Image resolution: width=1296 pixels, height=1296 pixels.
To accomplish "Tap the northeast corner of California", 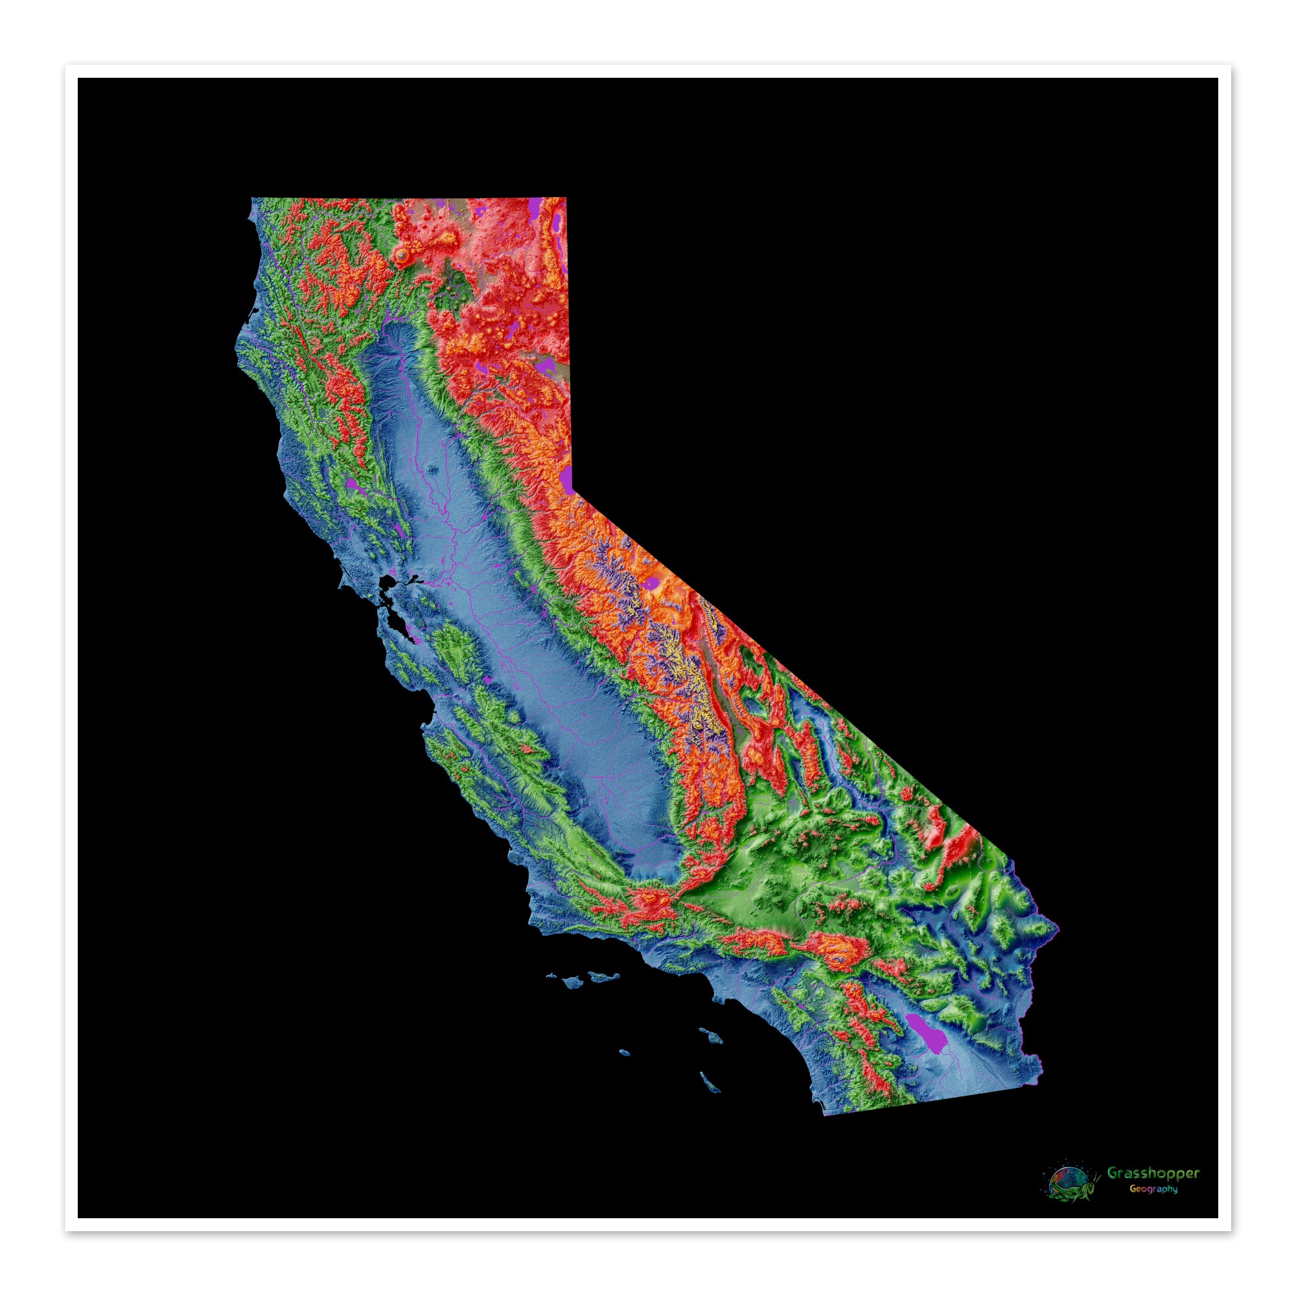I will [566, 198].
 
